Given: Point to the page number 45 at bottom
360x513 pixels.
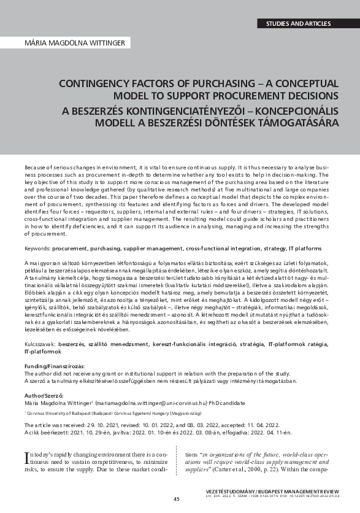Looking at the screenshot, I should click(x=177, y=499).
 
